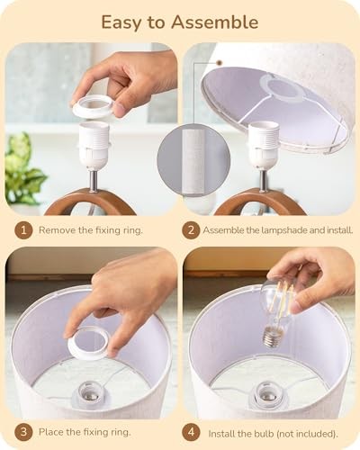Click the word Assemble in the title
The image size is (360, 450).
click(x=214, y=22)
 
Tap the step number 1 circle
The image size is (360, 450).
click(x=23, y=230)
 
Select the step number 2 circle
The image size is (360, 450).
click(x=191, y=230)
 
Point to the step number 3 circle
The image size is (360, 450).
click(x=23, y=432)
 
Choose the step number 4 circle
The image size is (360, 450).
click(x=191, y=432)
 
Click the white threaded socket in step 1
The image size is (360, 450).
click(x=94, y=146)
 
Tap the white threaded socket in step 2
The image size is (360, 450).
click(x=264, y=147)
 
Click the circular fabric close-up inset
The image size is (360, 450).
click(x=193, y=159)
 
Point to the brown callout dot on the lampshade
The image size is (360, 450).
click(x=220, y=63)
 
